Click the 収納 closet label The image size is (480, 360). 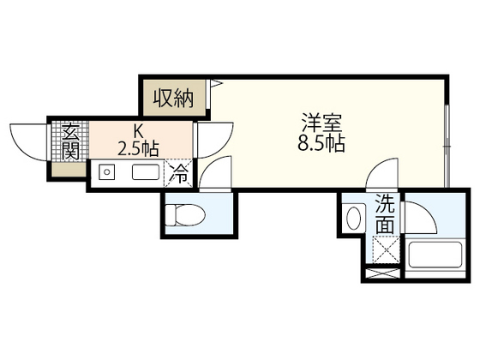(x=173, y=98)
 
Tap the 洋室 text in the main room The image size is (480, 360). (x=321, y=122)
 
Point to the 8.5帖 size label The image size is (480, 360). (x=321, y=143)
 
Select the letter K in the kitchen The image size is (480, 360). (x=137, y=130)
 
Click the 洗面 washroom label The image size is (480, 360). (x=386, y=214)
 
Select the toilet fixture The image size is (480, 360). (x=183, y=213)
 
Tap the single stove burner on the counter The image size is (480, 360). (x=107, y=172)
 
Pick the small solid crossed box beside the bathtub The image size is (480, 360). (x=381, y=275)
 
